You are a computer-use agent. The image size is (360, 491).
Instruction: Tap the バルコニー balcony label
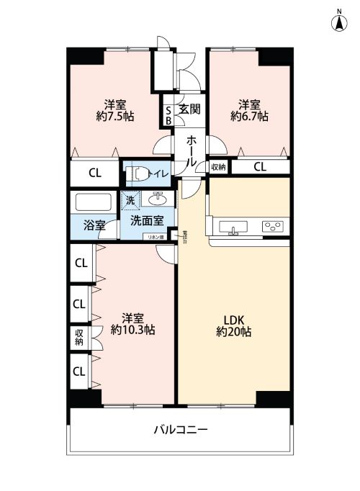pos(181,430)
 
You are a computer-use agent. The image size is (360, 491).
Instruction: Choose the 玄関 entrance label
pos(189,109)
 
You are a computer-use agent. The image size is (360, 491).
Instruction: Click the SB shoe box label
pos(168,115)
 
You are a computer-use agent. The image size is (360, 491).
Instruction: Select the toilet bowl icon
pos(137,174)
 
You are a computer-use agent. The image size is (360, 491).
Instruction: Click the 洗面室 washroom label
pos(146,221)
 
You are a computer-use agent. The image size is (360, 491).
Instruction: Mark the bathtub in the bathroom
pos(91,202)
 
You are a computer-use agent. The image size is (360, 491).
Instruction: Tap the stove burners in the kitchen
pos(272,227)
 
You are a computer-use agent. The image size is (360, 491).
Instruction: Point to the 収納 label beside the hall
pos(218,166)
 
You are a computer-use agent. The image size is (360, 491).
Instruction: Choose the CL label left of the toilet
pos(94,174)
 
